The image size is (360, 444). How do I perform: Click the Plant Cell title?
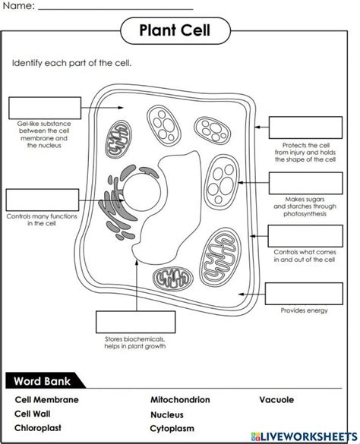(174, 31)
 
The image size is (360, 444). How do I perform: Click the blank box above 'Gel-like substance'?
(44, 107)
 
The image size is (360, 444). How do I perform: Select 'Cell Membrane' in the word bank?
(46, 400)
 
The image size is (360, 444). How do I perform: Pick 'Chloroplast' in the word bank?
(38, 429)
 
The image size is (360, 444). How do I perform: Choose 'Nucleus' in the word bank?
(167, 414)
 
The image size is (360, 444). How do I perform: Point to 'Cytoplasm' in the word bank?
(173, 429)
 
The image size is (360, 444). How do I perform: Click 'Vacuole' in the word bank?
(276, 400)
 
